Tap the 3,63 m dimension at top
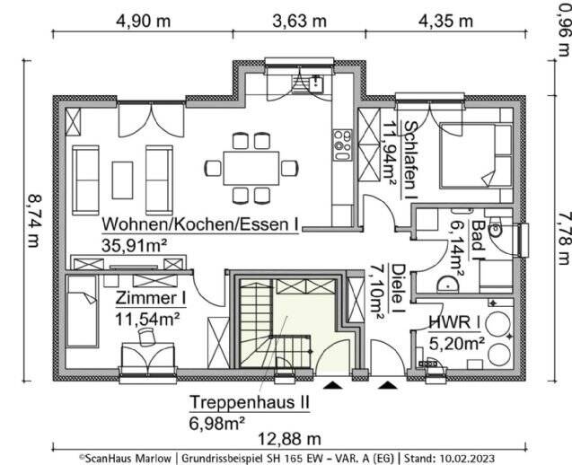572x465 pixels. pyautogui.click(x=300, y=21)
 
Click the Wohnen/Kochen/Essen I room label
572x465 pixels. pyautogui.click(x=200, y=224)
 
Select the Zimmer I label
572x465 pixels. pyautogui.click(x=151, y=297)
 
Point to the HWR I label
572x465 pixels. pyautogui.click(x=456, y=322)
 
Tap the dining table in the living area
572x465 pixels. pyautogui.click(x=250, y=167)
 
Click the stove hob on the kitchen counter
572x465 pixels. pyautogui.click(x=342, y=142)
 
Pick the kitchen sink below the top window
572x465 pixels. pyautogui.click(x=316, y=86)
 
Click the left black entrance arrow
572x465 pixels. pyautogui.click(x=333, y=386)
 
